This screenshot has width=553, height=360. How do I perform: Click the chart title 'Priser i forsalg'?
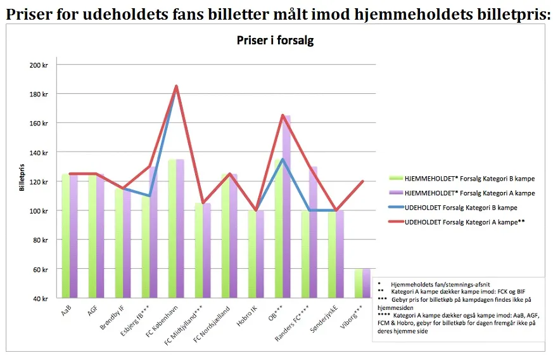pos(275,41)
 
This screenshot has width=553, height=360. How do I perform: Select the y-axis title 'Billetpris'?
pos(21,181)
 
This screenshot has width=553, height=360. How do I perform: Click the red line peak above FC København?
pos(176,86)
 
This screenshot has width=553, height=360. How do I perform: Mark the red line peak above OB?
pos(283,115)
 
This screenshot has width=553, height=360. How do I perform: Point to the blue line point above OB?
pos(283,159)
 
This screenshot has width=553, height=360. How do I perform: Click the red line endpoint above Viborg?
pos(362,181)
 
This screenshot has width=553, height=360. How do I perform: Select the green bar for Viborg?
pos(358,283)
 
